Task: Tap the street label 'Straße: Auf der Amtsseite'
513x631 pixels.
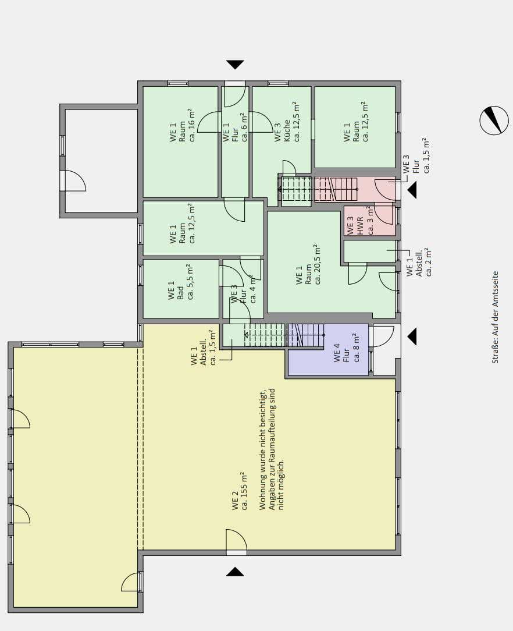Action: pyautogui.click(x=495, y=317)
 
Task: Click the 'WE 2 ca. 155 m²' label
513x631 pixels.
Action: pyautogui.click(x=239, y=492)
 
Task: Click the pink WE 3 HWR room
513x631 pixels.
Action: pyautogui.click(x=369, y=221)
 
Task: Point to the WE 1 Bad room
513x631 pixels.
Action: pyautogui.click(x=181, y=289)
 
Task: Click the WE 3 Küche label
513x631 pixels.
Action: pyautogui.click(x=287, y=122)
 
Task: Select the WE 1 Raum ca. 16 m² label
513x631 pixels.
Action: pyautogui.click(x=183, y=125)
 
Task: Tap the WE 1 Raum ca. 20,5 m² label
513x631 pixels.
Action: pyautogui.click(x=308, y=264)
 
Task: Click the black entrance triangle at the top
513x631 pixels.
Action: pyautogui.click(x=235, y=65)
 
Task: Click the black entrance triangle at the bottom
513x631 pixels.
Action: pyautogui.click(x=235, y=572)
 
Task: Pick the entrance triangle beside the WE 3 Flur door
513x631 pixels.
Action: pyautogui.click(x=412, y=190)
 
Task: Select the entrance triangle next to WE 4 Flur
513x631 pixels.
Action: pyautogui.click(x=412, y=336)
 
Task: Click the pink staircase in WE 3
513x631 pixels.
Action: pyautogui.click(x=336, y=189)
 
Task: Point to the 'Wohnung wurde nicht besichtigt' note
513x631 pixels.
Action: pyautogui.click(x=272, y=449)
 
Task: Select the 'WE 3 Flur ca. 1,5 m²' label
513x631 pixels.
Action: pyautogui.click(x=416, y=156)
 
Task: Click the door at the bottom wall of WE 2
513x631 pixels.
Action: pyautogui.click(x=236, y=541)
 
